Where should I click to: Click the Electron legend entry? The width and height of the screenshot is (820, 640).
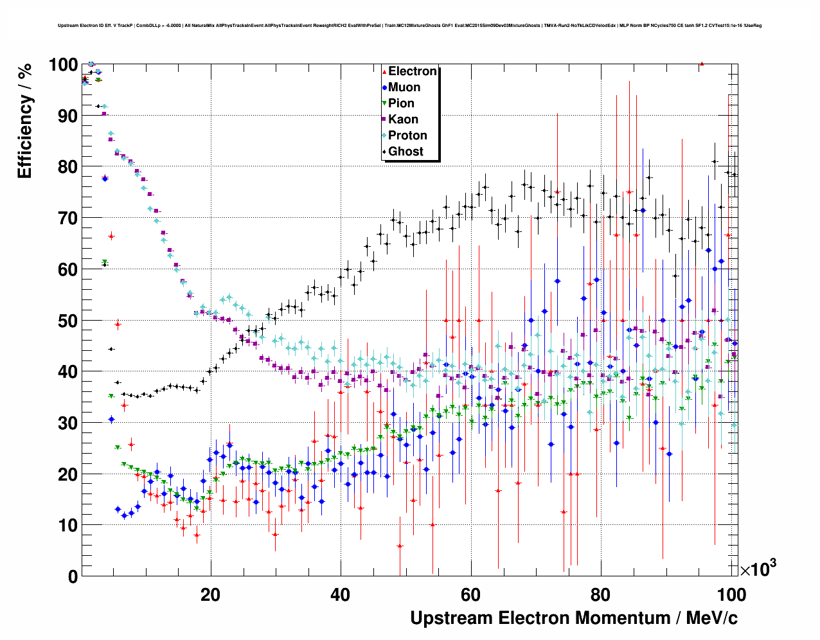tap(412, 71)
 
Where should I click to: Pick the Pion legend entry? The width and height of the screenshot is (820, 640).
tap(401, 103)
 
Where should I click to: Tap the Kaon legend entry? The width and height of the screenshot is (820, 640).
tap(403, 120)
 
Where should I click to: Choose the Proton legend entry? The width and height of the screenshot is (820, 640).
tap(407, 136)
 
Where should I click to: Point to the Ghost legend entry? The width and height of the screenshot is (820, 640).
tap(406, 152)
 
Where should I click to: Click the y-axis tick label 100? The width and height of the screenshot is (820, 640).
tap(63, 65)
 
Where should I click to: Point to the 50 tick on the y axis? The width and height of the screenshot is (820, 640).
tap(68, 321)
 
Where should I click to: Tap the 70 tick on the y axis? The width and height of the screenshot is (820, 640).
tap(68, 218)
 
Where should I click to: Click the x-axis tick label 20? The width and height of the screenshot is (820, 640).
tap(210, 595)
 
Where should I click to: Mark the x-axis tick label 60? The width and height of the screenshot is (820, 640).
tap(470, 595)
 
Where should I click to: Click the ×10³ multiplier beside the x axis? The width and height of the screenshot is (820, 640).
tap(758, 569)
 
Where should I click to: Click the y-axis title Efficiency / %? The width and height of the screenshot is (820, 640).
tap(24, 121)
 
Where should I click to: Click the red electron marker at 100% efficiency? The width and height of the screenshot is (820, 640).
tap(702, 64)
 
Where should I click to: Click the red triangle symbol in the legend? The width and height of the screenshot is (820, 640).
tap(384, 71)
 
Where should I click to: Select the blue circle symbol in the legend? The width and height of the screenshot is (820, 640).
tap(384, 87)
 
